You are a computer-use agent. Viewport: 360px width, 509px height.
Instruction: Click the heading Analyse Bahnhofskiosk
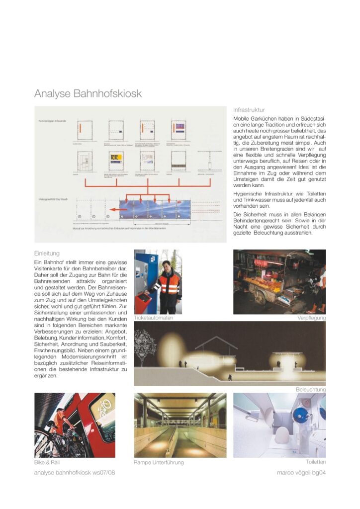coord(88,93)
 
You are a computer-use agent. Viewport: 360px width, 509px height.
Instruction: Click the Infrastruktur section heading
coord(249,109)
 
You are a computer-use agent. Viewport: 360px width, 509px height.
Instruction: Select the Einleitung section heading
coord(47,253)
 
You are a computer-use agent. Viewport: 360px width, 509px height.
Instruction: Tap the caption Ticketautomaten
coord(154,318)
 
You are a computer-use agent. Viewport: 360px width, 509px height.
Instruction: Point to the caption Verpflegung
coord(311,318)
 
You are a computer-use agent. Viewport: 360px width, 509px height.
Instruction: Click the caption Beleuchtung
coord(311,390)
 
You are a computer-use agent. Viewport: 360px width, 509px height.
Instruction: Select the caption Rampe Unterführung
coord(159,462)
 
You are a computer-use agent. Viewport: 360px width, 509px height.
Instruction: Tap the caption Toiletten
coord(316,462)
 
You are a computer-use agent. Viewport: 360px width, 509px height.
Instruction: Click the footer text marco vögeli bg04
coord(301,473)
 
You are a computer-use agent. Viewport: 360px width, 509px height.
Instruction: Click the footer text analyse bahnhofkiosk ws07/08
coord(75,473)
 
